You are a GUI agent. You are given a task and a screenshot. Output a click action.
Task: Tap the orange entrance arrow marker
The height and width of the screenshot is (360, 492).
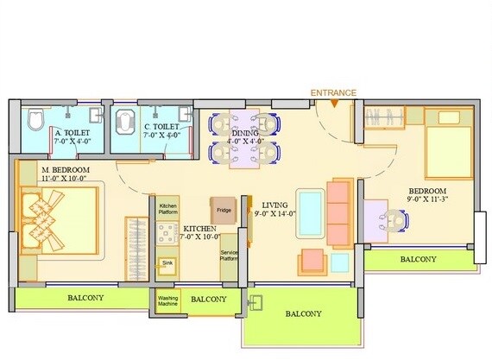click(x=334, y=104)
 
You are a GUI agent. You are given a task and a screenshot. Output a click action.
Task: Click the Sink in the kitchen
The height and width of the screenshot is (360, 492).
click(x=167, y=266)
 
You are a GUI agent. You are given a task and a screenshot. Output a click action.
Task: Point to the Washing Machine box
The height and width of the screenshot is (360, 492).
click(x=167, y=302)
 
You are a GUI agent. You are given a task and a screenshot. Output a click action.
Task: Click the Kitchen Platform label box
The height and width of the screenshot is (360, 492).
click(x=168, y=208)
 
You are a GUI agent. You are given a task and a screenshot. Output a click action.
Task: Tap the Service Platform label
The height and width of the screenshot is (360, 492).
click(x=230, y=256)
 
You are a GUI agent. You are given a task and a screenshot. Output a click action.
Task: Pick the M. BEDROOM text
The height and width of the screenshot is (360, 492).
click(x=66, y=175)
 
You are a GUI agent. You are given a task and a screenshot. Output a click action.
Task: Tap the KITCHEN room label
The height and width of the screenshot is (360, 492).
click(x=201, y=231)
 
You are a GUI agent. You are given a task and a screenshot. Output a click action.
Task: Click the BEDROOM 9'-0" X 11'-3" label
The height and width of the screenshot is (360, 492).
click(x=427, y=196)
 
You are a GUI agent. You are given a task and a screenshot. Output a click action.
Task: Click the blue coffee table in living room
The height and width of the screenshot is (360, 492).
click(x=310, y=211)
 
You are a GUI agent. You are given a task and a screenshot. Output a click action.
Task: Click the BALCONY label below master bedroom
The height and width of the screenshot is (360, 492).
click(x=85, y=299)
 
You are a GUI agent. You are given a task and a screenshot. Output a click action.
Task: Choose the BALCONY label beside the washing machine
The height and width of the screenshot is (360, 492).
click(x=210, y=300)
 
